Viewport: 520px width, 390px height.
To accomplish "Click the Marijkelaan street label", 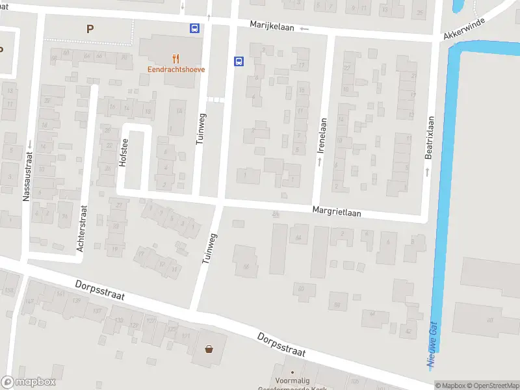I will click(273, 25).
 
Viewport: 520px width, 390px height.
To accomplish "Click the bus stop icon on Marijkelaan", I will click(194, 28).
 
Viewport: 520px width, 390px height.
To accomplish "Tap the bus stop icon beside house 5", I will click(239, 62).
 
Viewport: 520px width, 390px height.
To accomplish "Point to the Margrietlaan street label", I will click(336, 211).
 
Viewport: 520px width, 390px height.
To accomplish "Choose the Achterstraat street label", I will click(81, 229).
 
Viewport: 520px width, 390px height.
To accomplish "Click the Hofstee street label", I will click(122, 153).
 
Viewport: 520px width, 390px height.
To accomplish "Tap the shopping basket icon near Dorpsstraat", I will click(209, 349).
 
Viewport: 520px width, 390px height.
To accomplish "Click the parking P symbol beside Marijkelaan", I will click(89, 28).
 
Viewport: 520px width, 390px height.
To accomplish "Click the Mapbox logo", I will click(29, 382).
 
